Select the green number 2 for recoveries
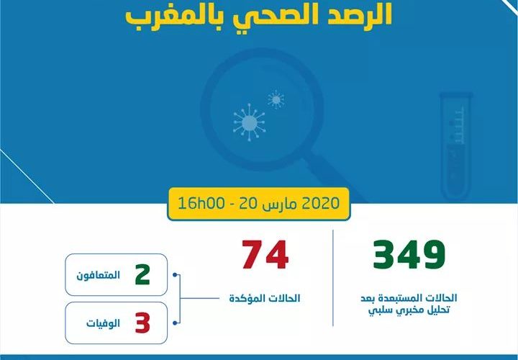click(142, 274)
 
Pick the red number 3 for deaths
click(142, 323)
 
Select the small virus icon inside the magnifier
click(275, 98)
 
